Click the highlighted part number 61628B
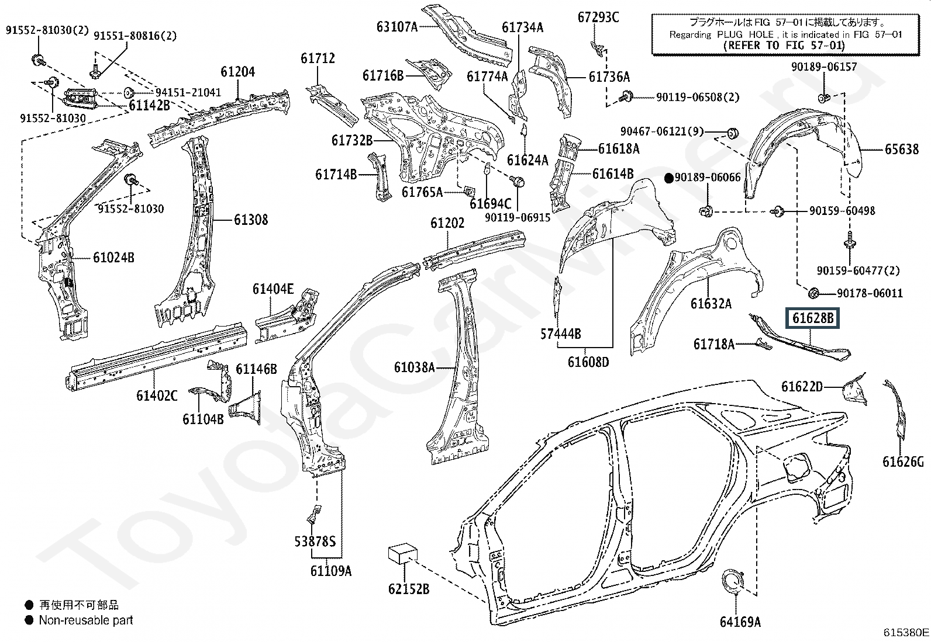[812, 318]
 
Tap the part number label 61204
[238, 72]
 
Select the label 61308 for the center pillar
[251, 220]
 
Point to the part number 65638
[902, 148]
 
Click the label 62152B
[409, 589]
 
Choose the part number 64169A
[740, 622]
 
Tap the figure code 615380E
[906, 632]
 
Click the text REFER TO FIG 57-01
[784, 45]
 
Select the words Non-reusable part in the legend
[86, 620]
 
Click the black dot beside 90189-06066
[669, 179]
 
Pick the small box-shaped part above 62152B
[403, 555]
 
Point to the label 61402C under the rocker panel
[157, 395]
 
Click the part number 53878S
[315, 541]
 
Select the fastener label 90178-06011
[870, 293]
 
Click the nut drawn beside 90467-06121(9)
[733, 134]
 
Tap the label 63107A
[397, 27]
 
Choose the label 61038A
[415, 367]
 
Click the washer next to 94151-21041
[127, 92]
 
